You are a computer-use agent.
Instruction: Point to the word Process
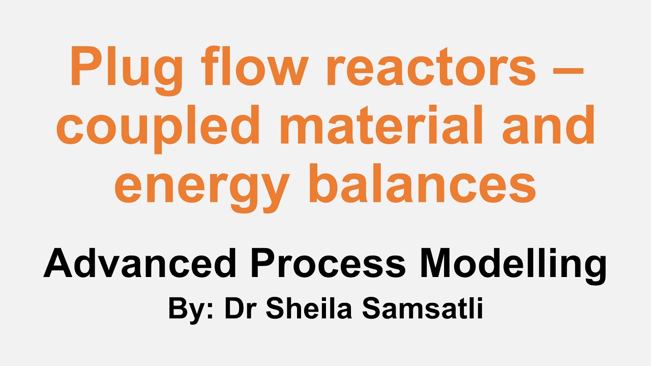click(329, 264)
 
